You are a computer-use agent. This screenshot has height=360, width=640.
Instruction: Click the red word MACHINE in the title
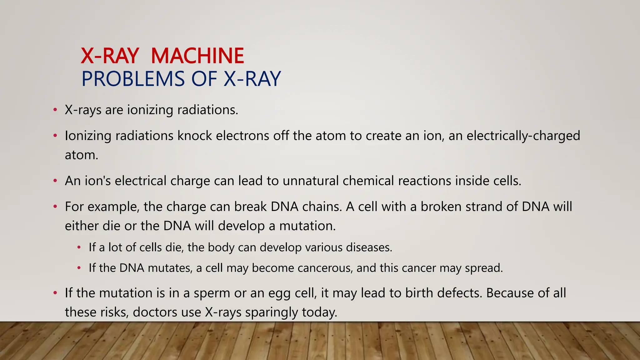click(197, 56)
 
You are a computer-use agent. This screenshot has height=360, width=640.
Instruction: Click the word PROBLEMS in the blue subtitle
click(133, 79)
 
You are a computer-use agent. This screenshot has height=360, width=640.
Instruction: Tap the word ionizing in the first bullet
click(150, 110)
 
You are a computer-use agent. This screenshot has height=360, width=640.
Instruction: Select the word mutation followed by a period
click(307, 226)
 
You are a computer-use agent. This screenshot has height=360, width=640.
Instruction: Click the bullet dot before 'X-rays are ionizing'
click(55, 110)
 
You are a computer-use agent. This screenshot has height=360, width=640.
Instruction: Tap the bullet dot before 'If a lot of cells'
click(79, 248)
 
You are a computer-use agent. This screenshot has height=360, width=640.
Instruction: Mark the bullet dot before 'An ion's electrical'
click(55, 181)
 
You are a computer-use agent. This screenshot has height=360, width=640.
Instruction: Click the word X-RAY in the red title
click(110, 56)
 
